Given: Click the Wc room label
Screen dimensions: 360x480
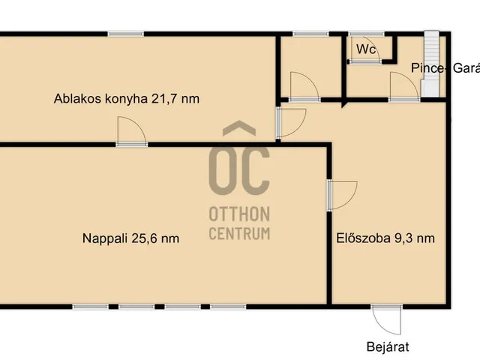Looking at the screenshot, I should pyautogui.click(x=366, y=49).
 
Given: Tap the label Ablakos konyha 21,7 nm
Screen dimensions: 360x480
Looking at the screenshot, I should pyautogui.click(x=127, y=98).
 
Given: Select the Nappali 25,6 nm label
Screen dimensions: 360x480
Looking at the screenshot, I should pyautogui.click(x=131, y=238).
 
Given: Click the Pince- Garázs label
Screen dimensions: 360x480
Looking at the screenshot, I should pyautogui.click(x=444, y=68).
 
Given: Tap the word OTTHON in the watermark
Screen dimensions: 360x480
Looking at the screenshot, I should pyautogui.click(x=239, y=214).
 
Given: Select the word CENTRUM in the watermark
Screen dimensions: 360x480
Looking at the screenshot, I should pyautogui.click(x=239, y=233).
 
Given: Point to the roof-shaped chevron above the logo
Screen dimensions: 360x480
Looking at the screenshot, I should pyautogui.click(x=239, y=130).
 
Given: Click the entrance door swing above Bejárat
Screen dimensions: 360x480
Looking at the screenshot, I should pyautogui.click(x=390, y=319).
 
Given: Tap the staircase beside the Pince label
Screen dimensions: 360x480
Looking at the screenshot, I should pyautogui.click(x=430, y=64).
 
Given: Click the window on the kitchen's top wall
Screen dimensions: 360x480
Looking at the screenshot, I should pyautogui.click(x=125, y=34).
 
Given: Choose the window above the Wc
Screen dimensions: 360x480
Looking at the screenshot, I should pyautogui.click(x=367, y=34).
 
